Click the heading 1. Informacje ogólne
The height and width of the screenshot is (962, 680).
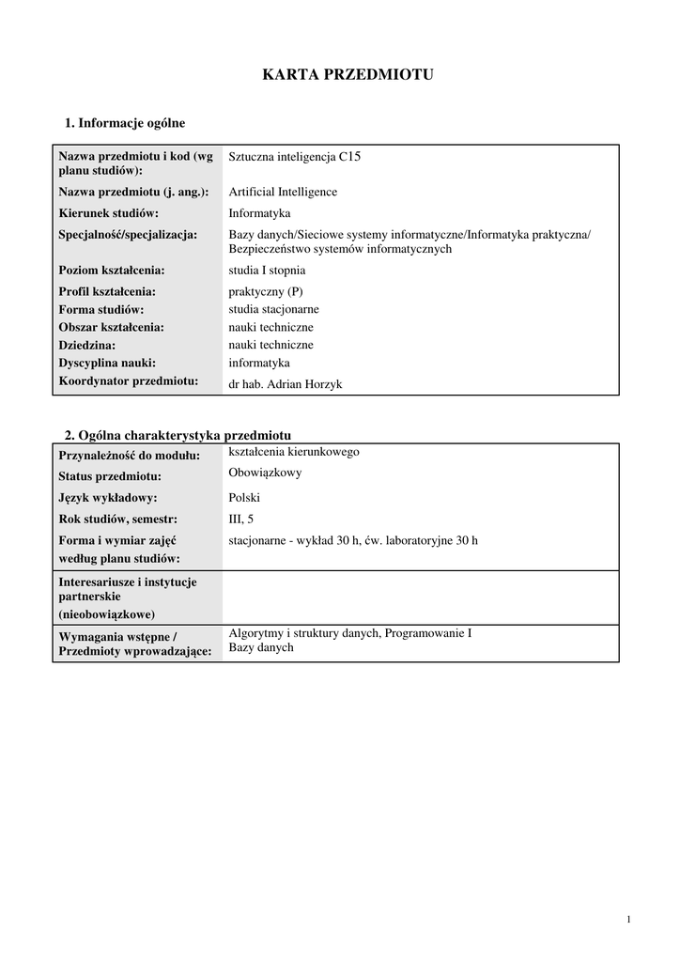click(125, 123)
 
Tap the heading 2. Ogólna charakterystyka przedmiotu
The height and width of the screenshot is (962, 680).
click(178, 435)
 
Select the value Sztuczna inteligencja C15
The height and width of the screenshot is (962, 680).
click(294, 157)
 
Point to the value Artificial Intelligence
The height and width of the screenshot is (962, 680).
click(283, 192)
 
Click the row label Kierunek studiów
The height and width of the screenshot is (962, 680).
click(109, 213)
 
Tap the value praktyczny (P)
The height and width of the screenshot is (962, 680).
click(267, 291)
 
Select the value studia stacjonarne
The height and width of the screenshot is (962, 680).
click(273, 309)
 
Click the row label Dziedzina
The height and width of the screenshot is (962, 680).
click(87, 345)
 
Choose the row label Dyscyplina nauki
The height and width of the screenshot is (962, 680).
click(107, 363)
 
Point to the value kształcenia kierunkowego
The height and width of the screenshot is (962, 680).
click(294, 452)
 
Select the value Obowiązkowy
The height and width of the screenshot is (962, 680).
click(265, 473)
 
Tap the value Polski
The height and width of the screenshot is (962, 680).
click(244, 498)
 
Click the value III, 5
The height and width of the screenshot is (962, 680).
click(241, 519)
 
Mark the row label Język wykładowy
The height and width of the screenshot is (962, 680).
click(108, 498)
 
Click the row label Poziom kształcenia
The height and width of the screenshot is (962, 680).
click(112, 271)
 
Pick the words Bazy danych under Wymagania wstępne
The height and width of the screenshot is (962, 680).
click(261, 648)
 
